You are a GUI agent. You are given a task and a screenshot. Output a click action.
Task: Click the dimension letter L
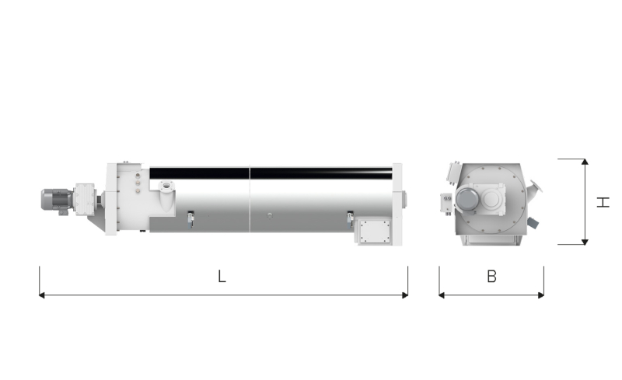(x=222, y=276)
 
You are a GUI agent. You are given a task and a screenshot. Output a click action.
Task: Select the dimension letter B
(x=491, y=276)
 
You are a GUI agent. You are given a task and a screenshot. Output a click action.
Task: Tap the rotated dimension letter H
(x=603, y=202)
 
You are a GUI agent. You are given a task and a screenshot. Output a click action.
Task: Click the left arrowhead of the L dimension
(x=42, y=295)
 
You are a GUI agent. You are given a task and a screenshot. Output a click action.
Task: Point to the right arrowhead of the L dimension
(x=405, y=295)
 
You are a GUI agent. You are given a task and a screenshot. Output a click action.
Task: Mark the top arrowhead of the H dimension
(x=585, y=162)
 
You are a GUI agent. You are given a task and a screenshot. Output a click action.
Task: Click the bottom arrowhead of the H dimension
(x=585, y=242)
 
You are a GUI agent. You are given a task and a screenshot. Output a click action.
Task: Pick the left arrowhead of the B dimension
(x=442, y=295)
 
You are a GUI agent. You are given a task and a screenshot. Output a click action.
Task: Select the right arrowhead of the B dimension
(x=540, y=295)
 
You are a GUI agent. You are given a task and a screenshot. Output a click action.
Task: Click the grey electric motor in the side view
(x=57, y=200)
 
